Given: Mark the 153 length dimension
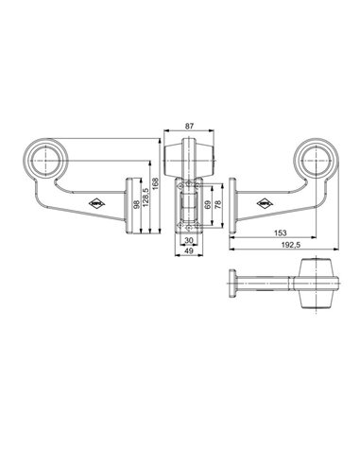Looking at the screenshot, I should [x=281, y=232].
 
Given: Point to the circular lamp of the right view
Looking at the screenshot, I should [x=317, y=159].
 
